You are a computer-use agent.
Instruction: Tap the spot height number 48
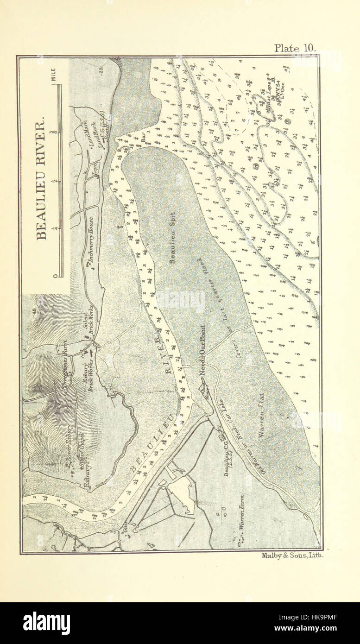tap(34, 311)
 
